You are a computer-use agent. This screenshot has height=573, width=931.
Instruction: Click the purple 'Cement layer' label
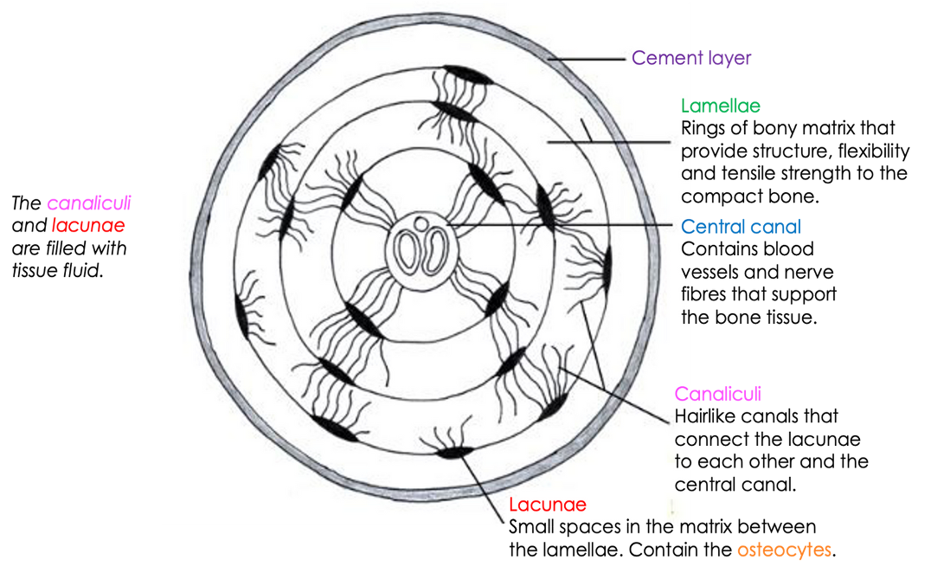point(691,58)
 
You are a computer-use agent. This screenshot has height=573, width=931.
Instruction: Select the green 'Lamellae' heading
point(720,106)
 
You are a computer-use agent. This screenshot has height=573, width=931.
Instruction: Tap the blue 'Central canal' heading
point(741,226)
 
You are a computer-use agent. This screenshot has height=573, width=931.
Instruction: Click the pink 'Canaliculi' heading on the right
point(718,394)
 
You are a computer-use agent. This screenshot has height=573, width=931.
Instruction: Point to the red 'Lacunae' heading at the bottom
point(548,504)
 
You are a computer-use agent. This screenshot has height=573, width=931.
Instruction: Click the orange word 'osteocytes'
point(785,550)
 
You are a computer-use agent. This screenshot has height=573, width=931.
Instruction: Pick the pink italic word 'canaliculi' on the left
point(89,203)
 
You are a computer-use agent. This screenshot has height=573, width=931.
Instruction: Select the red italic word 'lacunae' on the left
point(88,226)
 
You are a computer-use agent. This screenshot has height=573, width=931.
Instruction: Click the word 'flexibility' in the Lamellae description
point(873,151)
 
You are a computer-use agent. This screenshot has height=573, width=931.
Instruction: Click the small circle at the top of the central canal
point(421,224)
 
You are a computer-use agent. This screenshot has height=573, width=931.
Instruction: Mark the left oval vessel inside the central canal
point(408,250)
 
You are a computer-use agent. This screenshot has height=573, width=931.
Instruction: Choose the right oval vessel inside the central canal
point(435,252)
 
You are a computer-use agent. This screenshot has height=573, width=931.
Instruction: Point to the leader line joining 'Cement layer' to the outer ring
point(586,60)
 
